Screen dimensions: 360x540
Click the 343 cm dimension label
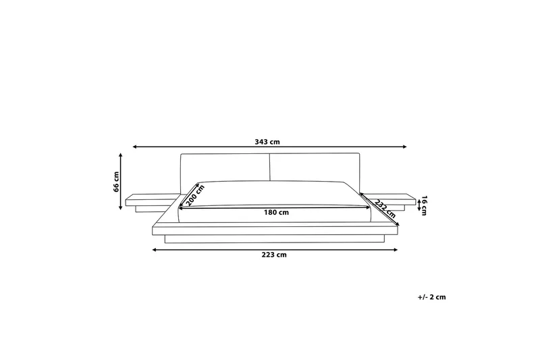[267, 142]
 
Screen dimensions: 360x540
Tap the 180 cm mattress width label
[276, 212]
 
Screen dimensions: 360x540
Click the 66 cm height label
[116, 182]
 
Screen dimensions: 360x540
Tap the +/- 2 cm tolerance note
[431, 297]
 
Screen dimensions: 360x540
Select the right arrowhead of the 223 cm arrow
[397, 249]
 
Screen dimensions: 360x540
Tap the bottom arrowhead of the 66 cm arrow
[122, 208]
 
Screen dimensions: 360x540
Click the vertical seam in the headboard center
[271, 167]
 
